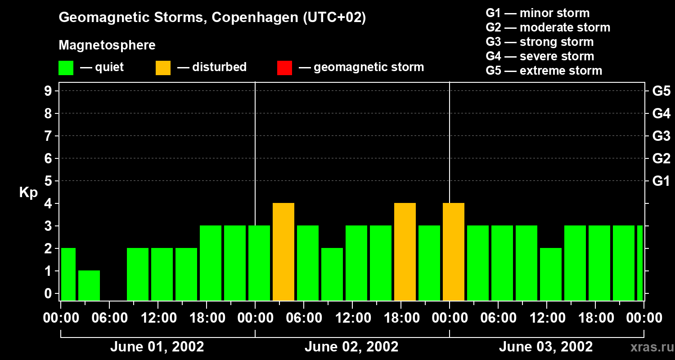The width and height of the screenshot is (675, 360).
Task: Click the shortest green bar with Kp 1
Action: point(89,285)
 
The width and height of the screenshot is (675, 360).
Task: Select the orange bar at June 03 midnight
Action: point(454,252)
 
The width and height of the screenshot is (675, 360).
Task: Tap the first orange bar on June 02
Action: point(283,252)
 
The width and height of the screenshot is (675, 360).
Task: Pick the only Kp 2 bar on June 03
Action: point(551,274)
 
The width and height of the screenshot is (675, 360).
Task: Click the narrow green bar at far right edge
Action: point(640,263)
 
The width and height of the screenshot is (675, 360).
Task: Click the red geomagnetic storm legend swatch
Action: point(284,67)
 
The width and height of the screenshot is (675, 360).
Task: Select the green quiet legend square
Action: point(66,67)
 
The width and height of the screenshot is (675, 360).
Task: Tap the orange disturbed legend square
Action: point(163,67)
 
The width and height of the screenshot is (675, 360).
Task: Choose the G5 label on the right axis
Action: point(661,91)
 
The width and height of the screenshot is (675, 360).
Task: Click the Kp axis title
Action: point(28,193)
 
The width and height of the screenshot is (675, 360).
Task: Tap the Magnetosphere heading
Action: point(107,45)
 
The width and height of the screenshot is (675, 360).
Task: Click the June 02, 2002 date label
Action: point(351,346)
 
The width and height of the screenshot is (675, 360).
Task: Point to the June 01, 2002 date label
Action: point(157,346)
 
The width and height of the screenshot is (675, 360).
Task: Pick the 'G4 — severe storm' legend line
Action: point(540,56)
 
